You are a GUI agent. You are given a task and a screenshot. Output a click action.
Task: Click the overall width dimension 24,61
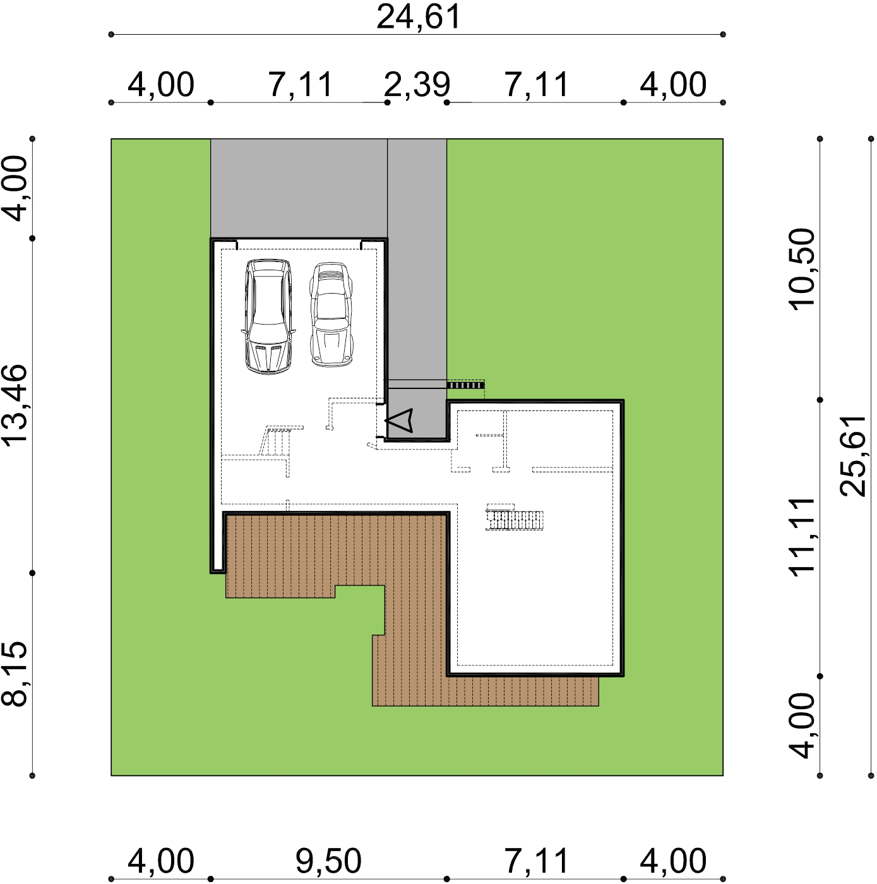point(418,18)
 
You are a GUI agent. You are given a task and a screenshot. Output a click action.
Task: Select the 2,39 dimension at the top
point(417,85)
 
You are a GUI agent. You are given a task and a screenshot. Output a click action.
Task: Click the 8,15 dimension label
point(15,674)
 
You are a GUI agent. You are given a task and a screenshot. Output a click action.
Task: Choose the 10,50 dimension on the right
point(802,269)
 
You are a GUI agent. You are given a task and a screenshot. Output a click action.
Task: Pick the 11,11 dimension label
point(802,536)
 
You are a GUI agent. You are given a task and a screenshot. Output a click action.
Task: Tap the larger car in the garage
point(268,316)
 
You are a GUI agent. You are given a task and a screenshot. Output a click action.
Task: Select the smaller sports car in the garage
point(331,314)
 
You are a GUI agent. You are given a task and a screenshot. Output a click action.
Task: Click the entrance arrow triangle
point(399,420)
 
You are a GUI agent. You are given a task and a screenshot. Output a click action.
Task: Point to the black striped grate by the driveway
point(465,385)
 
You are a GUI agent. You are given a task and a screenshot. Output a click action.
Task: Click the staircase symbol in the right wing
point(515,518)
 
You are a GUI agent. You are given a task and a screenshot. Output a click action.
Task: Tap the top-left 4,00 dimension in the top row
point(160,85)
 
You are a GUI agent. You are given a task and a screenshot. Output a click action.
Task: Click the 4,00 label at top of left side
point(15,188)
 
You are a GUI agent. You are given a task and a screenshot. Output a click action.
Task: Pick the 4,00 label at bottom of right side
point(802,726)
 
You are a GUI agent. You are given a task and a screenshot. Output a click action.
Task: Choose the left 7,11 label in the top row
point(301,85)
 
